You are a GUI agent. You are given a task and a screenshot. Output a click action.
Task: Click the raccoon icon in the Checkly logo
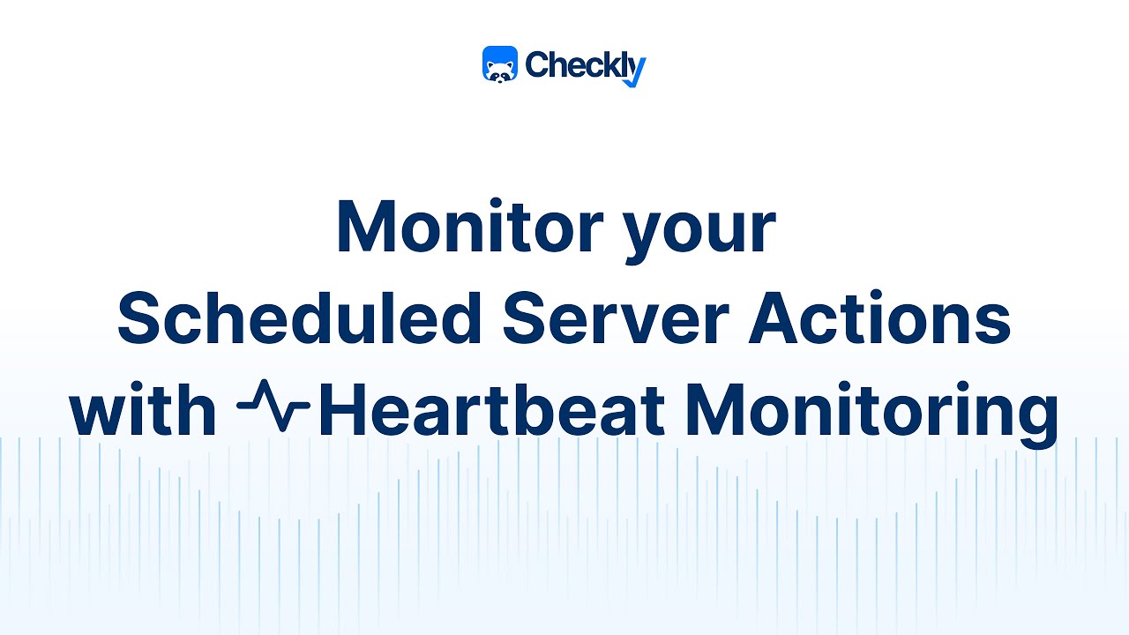(500, 64)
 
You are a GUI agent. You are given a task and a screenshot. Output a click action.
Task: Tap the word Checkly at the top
(584, 64)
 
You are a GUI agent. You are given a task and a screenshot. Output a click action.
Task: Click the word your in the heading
(699, 231)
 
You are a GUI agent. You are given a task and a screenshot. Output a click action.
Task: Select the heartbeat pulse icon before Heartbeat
(273, 409)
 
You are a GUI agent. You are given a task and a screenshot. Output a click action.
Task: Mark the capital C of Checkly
(538, 64)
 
